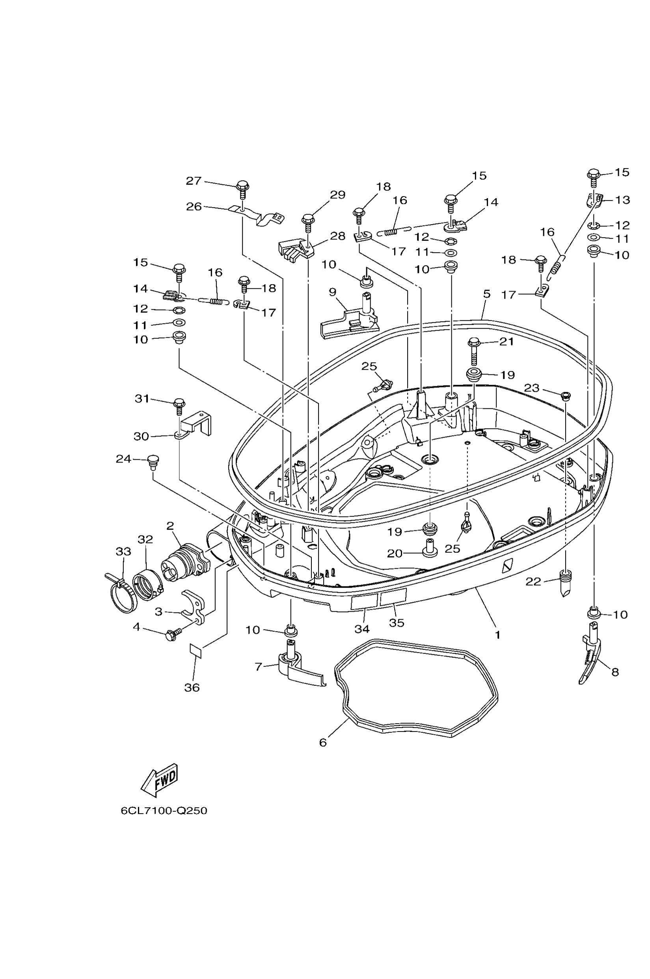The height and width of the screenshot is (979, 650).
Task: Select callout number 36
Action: (x=192, y=687)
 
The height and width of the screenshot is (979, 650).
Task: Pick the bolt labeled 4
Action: (x=174, y=635)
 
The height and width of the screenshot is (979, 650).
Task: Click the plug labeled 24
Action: (x=153, y=462)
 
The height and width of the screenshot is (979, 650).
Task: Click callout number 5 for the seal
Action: (x=487, y=294)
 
